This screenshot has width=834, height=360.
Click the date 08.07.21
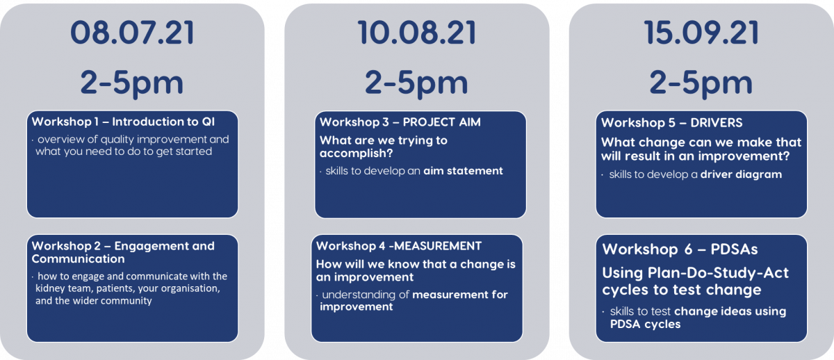(132, 33)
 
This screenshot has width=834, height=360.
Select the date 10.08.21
(416, 33)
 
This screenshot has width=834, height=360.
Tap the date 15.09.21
(701, 33)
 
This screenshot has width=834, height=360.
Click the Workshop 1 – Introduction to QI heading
(123, 122)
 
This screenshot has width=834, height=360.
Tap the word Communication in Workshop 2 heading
(78, 259)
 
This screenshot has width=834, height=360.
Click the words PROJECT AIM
(441, 122)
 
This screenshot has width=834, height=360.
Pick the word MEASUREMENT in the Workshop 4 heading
(438, 246)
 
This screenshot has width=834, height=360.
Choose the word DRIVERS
(717, 122)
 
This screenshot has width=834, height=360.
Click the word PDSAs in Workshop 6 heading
(734, 249)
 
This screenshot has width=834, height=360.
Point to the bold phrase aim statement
(463, 171)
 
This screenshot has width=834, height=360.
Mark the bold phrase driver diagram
(741, 174)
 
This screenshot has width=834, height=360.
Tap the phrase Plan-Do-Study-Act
(718, 274)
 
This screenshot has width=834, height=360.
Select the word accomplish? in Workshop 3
(357, 154)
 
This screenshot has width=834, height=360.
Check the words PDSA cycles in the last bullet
(645, 325)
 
